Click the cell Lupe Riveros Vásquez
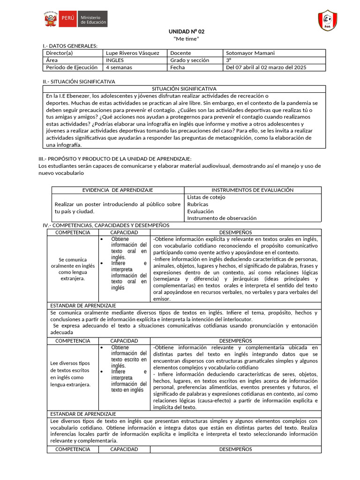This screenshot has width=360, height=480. pyautogui.click(x=133, y=53)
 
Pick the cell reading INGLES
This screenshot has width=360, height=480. pyautogui.click(x=115, y=60)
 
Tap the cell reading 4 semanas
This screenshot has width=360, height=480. pyautogui.click(x=119, y=67)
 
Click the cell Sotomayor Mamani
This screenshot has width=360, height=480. pyautogui.click(x=250, y=53)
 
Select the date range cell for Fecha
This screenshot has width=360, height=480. pyautogui.click(x=266, y=67)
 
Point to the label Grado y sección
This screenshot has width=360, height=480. pyautogui.click(x=189, y=60)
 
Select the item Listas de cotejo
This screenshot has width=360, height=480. pyautogui.click(x=206, y=197)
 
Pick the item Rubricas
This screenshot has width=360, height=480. pyautogui.click(x=198, y=204)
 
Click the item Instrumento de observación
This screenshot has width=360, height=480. pyautogui.click(x=222, y=218)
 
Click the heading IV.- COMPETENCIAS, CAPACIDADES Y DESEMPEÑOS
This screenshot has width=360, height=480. pyautogui.click(x=106, y=225)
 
